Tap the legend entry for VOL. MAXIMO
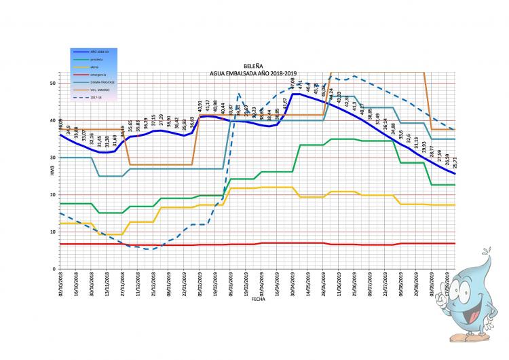pos(96,88)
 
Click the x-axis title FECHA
pos(257,299)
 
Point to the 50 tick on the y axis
pos(54,83)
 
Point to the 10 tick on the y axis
pos(54,232)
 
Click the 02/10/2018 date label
pos(61,284)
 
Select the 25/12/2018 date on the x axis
pos(154,284)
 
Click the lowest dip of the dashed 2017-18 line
pos(152,249)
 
